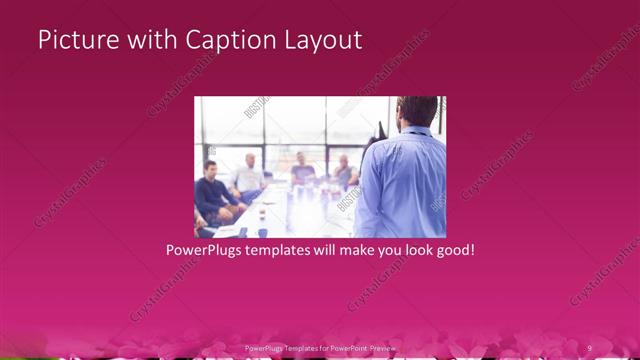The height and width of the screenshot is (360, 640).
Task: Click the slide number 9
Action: [x=590, y=347]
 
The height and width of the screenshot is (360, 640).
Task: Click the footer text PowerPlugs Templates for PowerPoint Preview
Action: [x=320, y=347]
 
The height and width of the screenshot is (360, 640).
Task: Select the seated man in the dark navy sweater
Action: [x=213, y=190]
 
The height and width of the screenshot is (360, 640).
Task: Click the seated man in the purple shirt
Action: [x=301, y=168]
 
